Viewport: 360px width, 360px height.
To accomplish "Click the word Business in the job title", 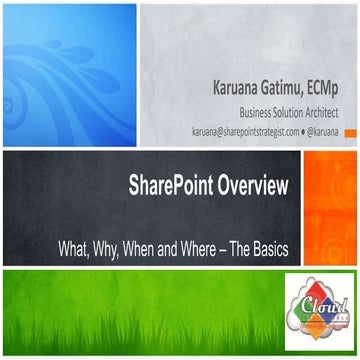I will [x=253, y=112].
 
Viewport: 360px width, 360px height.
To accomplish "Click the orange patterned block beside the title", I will [x=331, y=205].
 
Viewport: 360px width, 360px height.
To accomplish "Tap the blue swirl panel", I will [x=68, y=70].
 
